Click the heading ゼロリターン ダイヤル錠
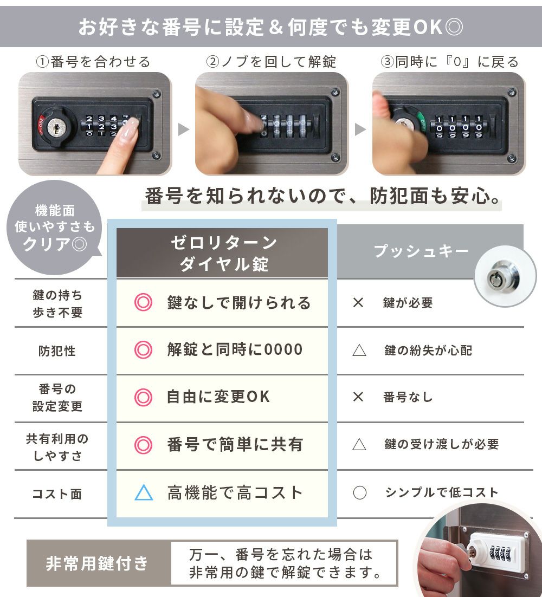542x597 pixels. [x=224, y=253]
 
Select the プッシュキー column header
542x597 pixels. [x=421, y=251]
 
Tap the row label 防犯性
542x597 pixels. [x=57, y=351]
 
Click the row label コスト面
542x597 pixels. [x=57, y=494]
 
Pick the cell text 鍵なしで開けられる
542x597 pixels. [x=239, y=303]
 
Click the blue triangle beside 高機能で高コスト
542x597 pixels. [x=144, y=492]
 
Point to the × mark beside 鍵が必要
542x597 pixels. [x=358, y=303]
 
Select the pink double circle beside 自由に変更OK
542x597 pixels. [x=143, y=397]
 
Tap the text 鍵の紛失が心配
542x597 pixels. [x=428, y=351]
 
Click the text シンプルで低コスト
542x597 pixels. [x=441, y=492]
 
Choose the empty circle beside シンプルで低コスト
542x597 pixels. [x=359, y=492]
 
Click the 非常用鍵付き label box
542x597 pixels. [x=98, y=563]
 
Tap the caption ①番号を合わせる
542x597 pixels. [x=93, y=62]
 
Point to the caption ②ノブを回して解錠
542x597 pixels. [x=271, y=62]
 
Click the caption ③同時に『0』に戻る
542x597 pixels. [x=449, y=62]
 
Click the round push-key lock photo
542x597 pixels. [x=505, y=276]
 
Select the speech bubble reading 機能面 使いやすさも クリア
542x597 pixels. [x=54, y=228]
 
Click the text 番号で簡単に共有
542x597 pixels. [x=235, y=445]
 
